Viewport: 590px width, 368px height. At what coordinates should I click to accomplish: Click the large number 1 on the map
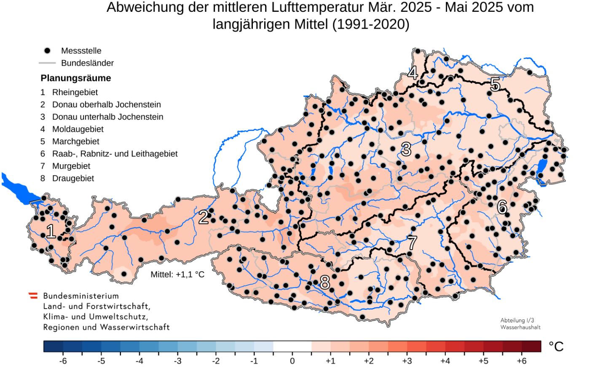tap(51, 232)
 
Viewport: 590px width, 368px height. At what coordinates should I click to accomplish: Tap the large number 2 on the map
tap(204, 217)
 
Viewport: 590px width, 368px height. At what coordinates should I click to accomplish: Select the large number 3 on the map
tap(406, 149)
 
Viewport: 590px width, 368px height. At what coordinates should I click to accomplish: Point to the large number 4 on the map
tap(413, 73)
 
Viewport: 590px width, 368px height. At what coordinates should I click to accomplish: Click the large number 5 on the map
tap(495, 85)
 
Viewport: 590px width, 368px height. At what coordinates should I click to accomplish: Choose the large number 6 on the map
tap(502, 207)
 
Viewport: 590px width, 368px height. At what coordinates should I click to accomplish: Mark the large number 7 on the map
tap(412, 243)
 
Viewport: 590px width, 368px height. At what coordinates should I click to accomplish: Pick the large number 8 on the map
tap(324, 283)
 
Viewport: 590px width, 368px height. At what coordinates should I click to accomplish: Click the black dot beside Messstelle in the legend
tap(47, 51)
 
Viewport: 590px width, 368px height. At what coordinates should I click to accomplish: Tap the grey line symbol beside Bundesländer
tap(47, 63)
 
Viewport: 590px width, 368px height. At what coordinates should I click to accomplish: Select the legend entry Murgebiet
tap(71, 166)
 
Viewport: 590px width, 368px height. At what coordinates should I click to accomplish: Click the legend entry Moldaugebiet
tap(78, 129)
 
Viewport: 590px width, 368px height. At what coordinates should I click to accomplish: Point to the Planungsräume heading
tap(76, 78)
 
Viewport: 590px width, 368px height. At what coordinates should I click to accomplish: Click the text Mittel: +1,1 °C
tap(177, 275)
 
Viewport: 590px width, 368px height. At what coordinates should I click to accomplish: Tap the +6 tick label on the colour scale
tap(521, 361)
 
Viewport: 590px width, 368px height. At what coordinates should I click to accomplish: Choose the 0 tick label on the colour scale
tap(292, 361)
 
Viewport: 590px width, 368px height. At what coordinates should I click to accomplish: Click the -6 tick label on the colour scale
tap(63, 361)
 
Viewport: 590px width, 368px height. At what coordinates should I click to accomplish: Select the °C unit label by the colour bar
tap(556, 347)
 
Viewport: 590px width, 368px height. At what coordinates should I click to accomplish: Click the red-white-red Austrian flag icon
tap(33, 296)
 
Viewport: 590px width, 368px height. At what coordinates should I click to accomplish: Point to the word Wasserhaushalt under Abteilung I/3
tap(520, 327)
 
